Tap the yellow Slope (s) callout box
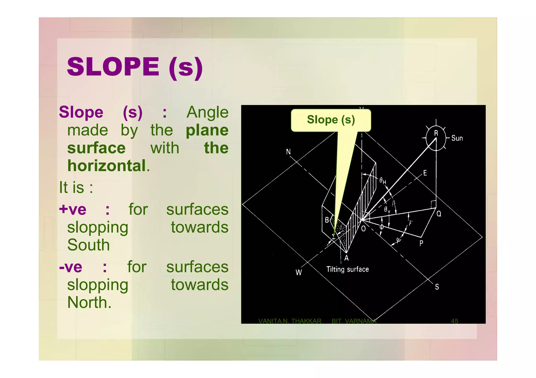point(331,120)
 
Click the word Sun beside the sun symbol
point(457,138)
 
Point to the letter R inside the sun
point(436,133)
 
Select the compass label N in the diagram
point(288,152)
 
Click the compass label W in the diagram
point(299,272)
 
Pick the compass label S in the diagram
point(437,287)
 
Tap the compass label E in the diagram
point(425,173)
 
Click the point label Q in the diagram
point(439,214)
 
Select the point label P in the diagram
point(421,243)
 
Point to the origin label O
point(364,229)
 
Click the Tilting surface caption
point(347,269)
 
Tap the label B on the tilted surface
point(327,220)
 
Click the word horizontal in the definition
point(107,166)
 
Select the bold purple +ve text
point(73,210)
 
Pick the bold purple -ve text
point(71,267)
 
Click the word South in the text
point(88,245)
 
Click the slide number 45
point(454,321)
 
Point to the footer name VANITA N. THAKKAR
point(290,321)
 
